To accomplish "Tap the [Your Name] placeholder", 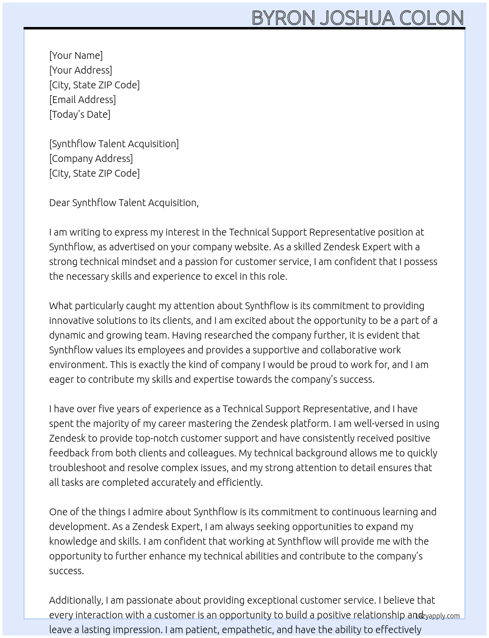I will click(76, 55).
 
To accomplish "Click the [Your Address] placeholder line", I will click(81, 70).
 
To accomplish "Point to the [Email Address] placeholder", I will click(82, 100).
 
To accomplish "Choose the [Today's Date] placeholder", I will click(80, 114).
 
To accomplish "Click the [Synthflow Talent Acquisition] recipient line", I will click(114, 144).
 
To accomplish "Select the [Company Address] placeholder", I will click(91, 159).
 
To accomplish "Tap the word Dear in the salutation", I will click(59, 203).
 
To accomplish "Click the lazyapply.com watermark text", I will click(438, 616).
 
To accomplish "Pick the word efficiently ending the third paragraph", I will click(240, 482).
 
